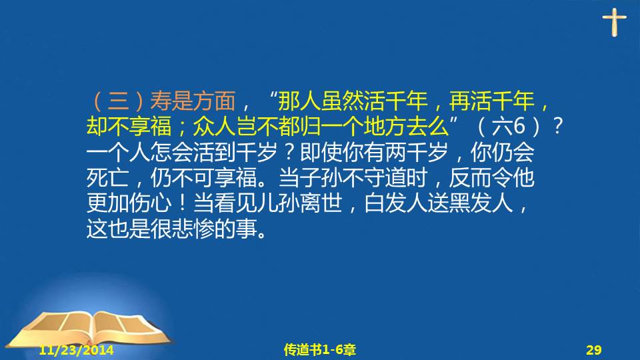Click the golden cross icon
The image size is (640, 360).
pos(614,23)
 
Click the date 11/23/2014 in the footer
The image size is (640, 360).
pos(76,350)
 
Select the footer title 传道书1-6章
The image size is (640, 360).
pos(319,350)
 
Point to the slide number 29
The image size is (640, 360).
pos(594,350)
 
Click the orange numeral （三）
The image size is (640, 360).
pos(119,101)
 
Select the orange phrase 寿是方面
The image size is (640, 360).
pos(193,101)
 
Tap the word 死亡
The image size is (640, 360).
pos(107,177)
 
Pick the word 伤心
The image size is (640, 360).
pos(150,203)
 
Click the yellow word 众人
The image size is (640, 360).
pos(214,127)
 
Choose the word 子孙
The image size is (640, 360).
pos(321,177)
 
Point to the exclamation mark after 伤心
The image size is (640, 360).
pos(182,203)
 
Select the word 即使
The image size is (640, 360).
pos(321,152)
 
